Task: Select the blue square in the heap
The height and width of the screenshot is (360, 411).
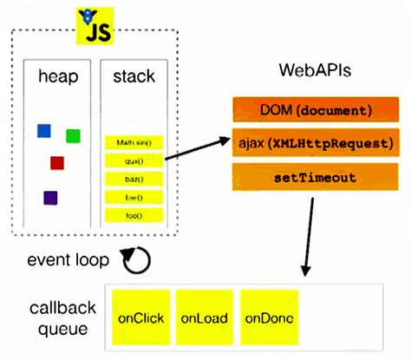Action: tap(43, 131)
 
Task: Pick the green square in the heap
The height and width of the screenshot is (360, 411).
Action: tap(73, 135)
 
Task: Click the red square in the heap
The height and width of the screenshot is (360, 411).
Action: tap(57, 162)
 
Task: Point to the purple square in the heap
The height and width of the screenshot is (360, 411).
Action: tap(50, 198)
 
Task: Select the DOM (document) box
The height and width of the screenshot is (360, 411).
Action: tap(316, 110)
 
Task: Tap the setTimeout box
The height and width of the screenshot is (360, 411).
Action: tap(316, 176)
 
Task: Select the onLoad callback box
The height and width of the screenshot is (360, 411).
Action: tap(204, 317)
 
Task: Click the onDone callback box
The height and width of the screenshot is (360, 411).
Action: tap(269, 317)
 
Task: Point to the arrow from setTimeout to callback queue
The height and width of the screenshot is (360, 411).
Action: tap(305, 234)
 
